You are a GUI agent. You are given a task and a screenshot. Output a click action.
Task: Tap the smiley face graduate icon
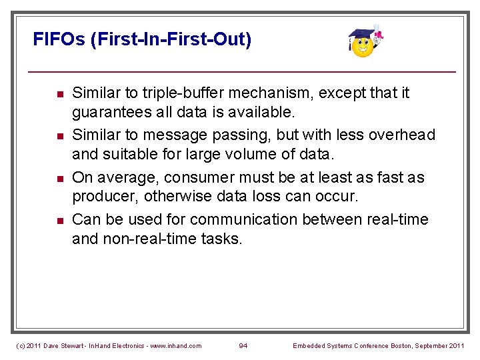click(363, 43)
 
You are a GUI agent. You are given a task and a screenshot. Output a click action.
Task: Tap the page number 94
click(244, 345)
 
